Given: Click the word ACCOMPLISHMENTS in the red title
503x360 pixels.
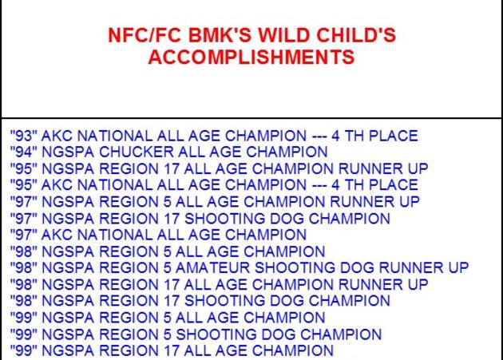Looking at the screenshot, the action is (252, 57).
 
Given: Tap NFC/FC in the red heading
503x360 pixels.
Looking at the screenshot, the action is (145, 35).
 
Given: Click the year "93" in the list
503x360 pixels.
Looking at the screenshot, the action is (24, 136).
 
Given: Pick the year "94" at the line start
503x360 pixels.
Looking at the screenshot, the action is (24, 152).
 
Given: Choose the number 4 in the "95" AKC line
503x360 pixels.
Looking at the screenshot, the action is (335, 185).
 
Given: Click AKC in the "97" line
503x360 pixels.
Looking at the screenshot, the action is (57, 235).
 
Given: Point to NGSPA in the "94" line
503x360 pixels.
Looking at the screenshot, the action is (68, 152).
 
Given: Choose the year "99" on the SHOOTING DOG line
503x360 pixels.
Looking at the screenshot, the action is (24, 334).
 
